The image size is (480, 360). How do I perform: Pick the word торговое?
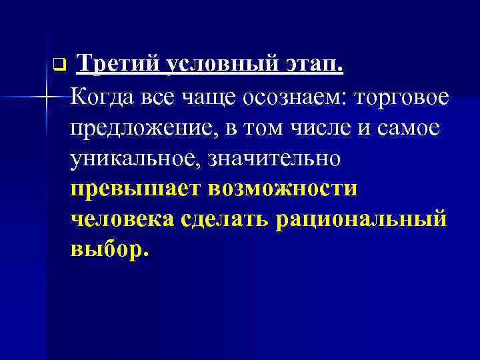coord(404,98)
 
